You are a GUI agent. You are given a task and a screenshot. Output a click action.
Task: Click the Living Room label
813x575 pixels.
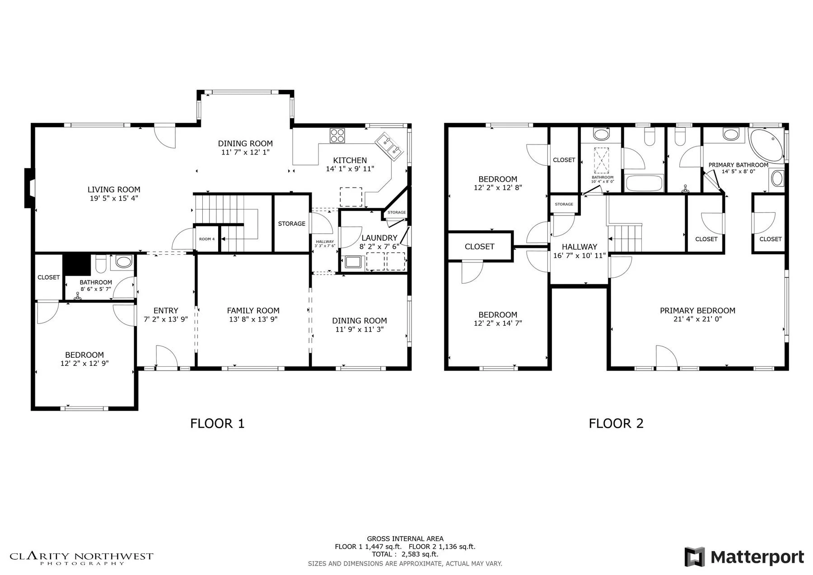pos(114,190)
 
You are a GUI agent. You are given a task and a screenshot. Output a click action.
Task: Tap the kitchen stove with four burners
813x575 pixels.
pos(337,136)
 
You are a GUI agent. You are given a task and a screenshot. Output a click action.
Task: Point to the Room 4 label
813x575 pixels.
pos(207,239)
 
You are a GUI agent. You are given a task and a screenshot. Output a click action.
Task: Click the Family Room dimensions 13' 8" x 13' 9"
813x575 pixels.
pos(253,319)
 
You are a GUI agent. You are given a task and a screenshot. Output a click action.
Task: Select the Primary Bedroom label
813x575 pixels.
pos(697,310)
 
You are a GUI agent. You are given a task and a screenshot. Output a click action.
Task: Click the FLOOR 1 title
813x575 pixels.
pos(217,424)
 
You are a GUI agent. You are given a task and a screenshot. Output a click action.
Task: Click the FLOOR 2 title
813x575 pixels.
pos(616,424)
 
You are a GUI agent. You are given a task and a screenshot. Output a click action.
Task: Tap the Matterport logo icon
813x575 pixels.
pos(694,556)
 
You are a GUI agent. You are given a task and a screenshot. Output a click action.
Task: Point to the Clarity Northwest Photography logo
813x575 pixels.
pos(81,558)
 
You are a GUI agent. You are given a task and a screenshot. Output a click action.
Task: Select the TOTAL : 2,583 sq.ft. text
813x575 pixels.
pos(405,554)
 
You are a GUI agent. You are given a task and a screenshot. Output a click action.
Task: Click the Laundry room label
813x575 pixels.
pos(379,238)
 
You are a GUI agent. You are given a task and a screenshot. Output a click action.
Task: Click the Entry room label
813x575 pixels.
pos(166,311)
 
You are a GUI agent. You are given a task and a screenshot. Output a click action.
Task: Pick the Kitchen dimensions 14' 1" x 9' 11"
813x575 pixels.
pos(350,169)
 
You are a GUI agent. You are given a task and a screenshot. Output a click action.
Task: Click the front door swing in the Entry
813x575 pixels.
pos(167,357)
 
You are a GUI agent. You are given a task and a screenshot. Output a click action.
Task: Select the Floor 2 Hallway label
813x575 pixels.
pos(579,247)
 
